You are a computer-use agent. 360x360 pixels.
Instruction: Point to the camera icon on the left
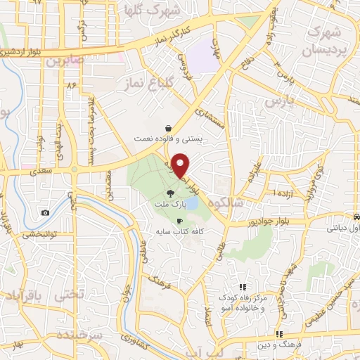[46, 212]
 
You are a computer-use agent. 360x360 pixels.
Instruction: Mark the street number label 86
[70, 84]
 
